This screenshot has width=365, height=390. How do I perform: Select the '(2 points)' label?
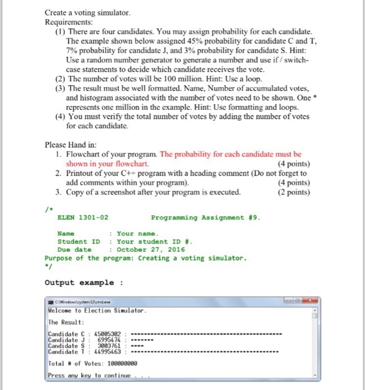pos(293,193)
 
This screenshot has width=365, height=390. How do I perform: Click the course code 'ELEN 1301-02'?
pos(83,217)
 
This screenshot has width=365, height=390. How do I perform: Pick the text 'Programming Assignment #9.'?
pos(205,217)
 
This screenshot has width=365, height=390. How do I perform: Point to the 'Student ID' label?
pos(79,242)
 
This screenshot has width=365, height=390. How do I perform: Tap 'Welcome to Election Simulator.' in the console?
pos(98,310)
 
